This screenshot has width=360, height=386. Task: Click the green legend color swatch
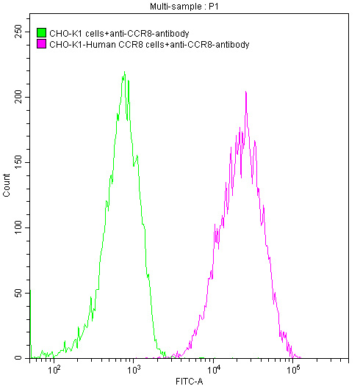point(41,33)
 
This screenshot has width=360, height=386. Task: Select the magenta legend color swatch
point(41,44)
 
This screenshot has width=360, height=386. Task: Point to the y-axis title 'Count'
point(7,188)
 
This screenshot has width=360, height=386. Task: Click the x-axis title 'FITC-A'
point(190,381)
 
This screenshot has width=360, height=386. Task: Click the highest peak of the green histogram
point(125,72)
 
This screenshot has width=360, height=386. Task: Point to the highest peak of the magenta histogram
point(245,92)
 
